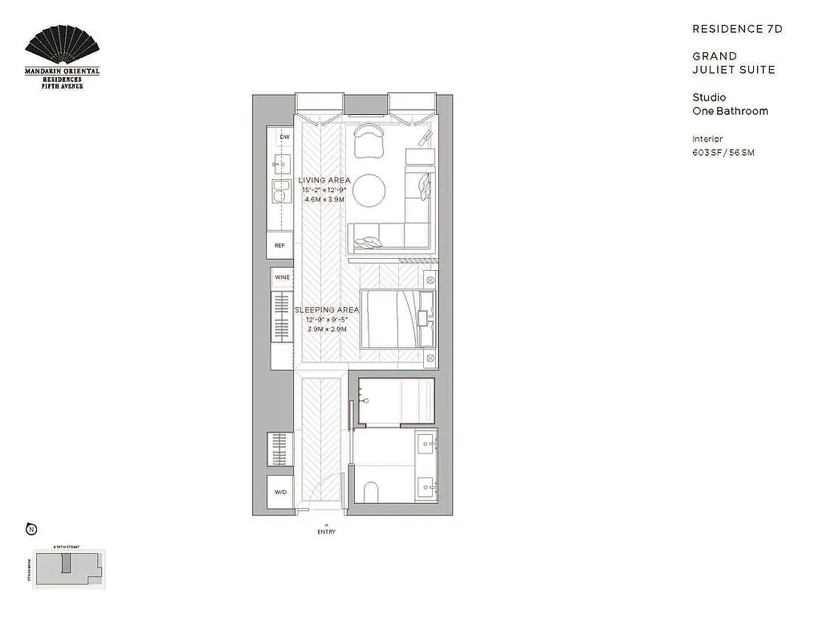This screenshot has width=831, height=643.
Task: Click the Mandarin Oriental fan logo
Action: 63,49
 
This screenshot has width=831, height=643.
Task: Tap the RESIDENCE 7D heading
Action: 737,29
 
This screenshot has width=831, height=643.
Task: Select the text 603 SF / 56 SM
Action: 723,153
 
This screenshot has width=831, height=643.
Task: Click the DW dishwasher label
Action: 284,137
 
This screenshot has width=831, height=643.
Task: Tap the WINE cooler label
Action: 283,277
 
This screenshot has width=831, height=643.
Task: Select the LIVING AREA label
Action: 324,180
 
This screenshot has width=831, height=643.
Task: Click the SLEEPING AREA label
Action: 325,310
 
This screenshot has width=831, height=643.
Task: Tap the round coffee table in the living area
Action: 369,191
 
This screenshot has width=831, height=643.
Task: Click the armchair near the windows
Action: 369,140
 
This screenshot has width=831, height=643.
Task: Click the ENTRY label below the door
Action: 326,532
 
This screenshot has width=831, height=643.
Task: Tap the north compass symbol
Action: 31,529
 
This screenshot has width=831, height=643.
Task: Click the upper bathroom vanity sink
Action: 426,443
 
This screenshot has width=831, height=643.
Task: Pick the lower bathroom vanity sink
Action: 426,485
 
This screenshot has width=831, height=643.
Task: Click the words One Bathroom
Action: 730,111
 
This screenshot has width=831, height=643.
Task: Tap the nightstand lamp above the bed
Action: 430,281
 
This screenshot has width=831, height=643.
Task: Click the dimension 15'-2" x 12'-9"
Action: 324,190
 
